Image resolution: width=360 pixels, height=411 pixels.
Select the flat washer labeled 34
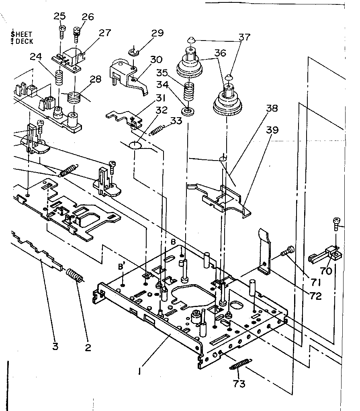pyautogui.click(x=186, y=110)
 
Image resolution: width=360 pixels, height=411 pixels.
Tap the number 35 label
pyautogui.click(x=162, y=73)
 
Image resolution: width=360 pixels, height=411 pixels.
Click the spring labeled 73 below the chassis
pyautogui.click(x=241, y=364)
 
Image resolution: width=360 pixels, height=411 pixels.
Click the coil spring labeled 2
pyautogui.click(x=74, y=277)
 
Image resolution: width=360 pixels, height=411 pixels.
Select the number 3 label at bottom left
pyautogui.click(x=55, y=346)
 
